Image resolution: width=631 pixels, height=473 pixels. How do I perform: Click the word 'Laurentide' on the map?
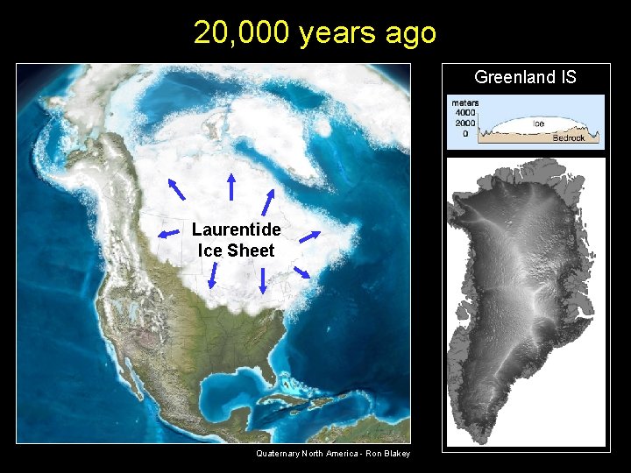237,229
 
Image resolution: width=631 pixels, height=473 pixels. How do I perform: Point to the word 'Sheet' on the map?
251,251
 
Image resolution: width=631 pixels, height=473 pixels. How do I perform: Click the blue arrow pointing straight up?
231,186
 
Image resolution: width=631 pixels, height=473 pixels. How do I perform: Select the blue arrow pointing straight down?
262,280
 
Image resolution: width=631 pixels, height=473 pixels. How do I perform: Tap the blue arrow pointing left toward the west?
170,233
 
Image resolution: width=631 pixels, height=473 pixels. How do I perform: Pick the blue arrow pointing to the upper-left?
175,188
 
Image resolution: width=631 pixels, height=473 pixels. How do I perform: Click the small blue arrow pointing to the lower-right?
301,272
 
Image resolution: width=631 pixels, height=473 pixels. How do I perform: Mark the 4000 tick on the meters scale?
464,113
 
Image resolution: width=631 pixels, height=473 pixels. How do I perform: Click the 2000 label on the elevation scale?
464,123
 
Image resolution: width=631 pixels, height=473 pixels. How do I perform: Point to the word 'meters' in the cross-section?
464,103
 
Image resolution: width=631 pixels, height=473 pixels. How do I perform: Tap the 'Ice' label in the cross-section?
539,124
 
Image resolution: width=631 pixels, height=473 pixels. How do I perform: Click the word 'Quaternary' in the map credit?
278,453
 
